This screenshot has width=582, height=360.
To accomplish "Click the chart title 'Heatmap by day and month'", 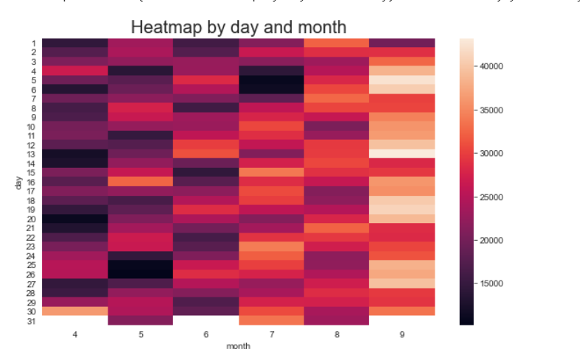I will coord(238,28).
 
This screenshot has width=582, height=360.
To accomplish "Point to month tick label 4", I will coord(74,334).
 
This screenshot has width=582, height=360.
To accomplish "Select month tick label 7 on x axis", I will coord(271,334).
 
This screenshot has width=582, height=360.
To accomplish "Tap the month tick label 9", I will coord(402,334).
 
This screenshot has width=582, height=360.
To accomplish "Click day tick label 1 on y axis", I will coord(34,43).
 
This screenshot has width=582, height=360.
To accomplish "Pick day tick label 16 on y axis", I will coord(32,181).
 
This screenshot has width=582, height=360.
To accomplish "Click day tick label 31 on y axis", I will coord(32,320).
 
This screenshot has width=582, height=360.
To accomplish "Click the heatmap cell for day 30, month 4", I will coord(74,311).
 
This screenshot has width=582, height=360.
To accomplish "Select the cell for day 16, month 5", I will coord(139,181).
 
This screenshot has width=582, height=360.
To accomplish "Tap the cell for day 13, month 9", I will coord(402,153).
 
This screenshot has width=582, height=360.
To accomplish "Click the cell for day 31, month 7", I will coord(271,320).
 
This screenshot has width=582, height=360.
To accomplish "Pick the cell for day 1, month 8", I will coord(337,43).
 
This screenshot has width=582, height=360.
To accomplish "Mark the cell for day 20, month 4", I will coord(74,219).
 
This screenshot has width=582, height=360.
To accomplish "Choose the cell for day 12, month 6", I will coord(205,144).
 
